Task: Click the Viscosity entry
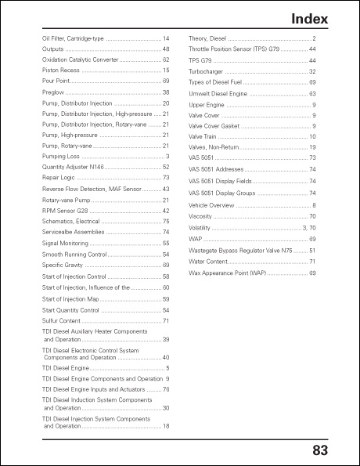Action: tap(201, 216)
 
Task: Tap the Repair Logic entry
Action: tap(59, 178)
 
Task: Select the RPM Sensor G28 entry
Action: tap(65, 211)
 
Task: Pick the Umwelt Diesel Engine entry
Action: tap(219, 92)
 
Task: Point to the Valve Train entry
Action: tap(203, 136)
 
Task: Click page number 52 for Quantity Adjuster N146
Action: tap(166, 167)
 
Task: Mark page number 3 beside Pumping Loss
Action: tap(167, 157)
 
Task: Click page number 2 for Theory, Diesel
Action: tap(314, 38)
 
